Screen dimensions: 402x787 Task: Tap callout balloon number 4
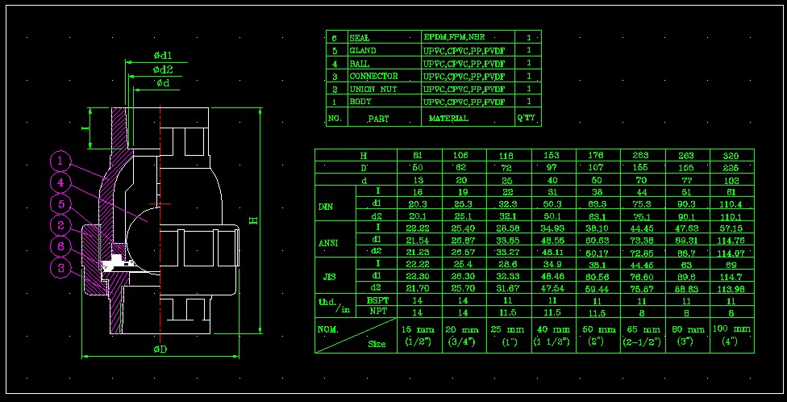coord(61,183)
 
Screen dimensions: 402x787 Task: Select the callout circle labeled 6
coord(61,245)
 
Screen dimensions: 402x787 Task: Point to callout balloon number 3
coord(61,266)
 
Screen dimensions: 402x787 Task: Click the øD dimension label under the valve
coord(160,350)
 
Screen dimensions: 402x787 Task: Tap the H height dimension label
coord(254,220)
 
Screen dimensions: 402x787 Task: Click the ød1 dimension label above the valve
coord(162,56)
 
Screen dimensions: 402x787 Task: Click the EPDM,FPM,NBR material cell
coord(456,37)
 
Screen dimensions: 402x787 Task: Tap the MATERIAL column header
coord(448,119)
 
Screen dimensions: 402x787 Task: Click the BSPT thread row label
coord(377,299)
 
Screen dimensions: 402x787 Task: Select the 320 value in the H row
coord(731,155)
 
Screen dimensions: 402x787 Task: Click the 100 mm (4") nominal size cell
coord(731,335)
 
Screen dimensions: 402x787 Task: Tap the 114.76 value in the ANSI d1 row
coord(731,240)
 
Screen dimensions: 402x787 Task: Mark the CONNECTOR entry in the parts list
coord(373,76)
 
